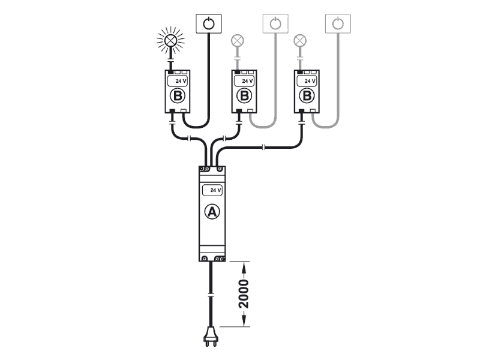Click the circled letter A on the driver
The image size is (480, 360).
(211, 212)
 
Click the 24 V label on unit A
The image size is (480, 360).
(212, 190)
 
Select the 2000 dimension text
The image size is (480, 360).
(244, 293)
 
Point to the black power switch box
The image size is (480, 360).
(209, 24)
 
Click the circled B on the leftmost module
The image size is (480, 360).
(178, 96)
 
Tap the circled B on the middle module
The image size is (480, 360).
(244, 96)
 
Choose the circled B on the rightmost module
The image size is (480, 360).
(307, 96)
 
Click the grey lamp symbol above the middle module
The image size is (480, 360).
(237, 41)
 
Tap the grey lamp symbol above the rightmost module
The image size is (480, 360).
(300, 41)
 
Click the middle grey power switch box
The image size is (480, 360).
(275, 24)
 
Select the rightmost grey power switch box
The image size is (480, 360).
(338, 24)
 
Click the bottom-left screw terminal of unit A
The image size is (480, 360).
(205, 259)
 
